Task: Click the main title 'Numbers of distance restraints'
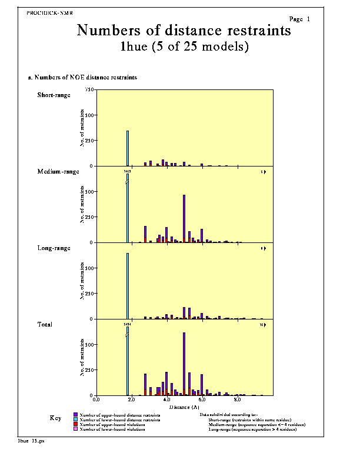(x=184, y=31)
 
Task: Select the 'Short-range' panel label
(x=54, y=95)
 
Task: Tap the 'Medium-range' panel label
(x=58, y=171)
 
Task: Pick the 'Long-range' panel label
(x=54, y=248)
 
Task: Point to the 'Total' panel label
(x=45, y=324)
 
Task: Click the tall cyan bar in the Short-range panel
(x=128, y=148)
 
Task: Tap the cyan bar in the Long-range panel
(x=128, y=286)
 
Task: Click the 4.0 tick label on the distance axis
(x=166, y=399)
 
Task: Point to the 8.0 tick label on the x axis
(x=238, y=399)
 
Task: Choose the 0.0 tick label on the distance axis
(x=96, y=399)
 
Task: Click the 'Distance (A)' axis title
(x=184, y=407)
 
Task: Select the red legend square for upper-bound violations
(x=75, y=424)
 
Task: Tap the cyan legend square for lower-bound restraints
(x=75, y=420)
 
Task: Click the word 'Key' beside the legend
(x=55, y=418)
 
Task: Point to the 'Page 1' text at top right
(x=299, y=19)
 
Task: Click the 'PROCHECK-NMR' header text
(x=50, y=12)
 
